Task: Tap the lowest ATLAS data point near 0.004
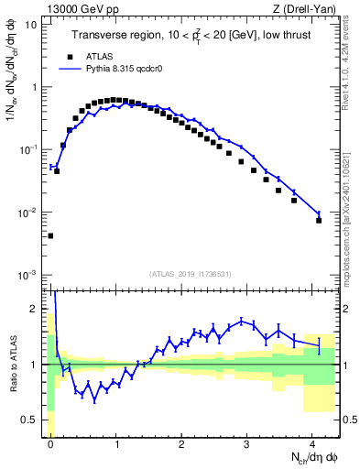tap(50, 235)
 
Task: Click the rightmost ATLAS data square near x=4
tap(319, 220)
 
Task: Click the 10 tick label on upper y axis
tap(30, 25)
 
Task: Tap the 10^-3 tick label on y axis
tap(27, 275)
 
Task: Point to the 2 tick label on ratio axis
tap(33, 309)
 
